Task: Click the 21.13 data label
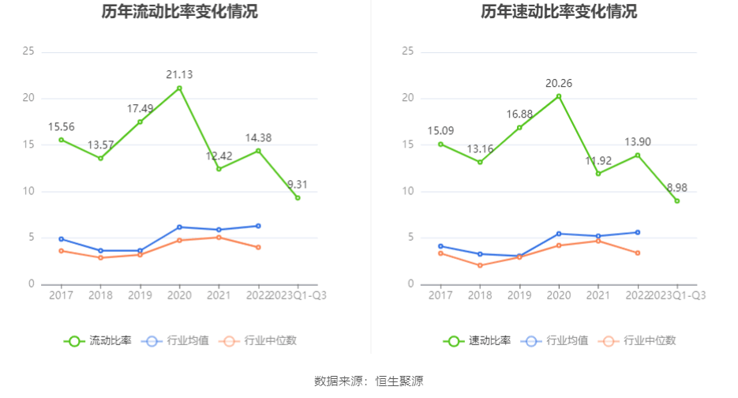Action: click(179, 75)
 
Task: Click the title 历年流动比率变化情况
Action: click(179, 12)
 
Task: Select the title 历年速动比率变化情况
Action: click(559, 12)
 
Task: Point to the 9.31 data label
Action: click(298, 185)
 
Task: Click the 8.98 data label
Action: click(677, 188)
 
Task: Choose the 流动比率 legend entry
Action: click(99, 341)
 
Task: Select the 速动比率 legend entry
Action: click(478, 341)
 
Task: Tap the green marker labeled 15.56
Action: click(61, 140)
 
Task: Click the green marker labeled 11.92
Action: click(598, 174)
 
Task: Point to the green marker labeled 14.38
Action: click(258, 151)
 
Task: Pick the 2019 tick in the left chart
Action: click(140, 295)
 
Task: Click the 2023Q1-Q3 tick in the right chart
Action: click(677, 295)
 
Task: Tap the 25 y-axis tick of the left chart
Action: click(29, 51)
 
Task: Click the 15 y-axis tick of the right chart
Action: click(408, 145)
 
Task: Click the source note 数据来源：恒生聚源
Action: click(369, 381)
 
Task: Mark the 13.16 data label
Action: click(480, 149)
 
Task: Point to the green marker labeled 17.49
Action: click(140, 122)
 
